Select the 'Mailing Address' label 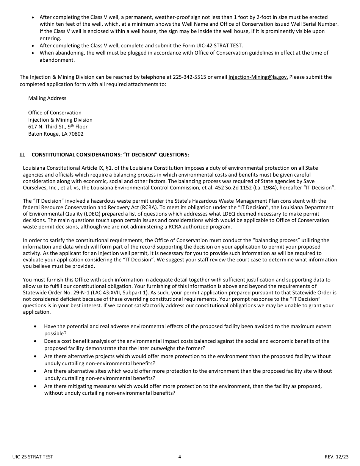point(47,98)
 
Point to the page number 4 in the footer point(180,457)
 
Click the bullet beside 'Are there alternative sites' point(35,371)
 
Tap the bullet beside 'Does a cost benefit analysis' point(35,341)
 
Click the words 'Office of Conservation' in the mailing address point(55,113)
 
